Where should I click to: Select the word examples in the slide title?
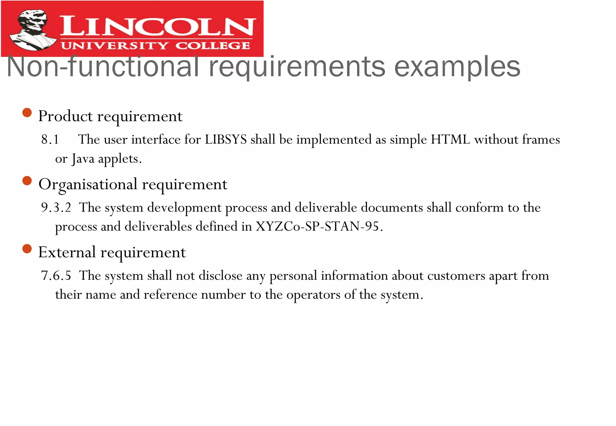[x=457, y=67]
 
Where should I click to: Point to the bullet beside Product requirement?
[x=27, y=113]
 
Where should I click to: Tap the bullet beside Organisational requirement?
[x=27, y=181]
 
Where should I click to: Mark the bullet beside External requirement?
[x=27, y=249]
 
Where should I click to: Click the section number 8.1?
[x=50, y=139]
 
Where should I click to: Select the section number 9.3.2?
[x=56, y=208]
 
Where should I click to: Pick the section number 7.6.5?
[x=56, y=276]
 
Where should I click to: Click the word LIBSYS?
[x=226, y=139]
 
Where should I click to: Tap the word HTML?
[x=450, y=139]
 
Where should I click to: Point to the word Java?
[x=83, y=159]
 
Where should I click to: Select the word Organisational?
[x=88, y=184]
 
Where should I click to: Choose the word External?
[x=67, y=252]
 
